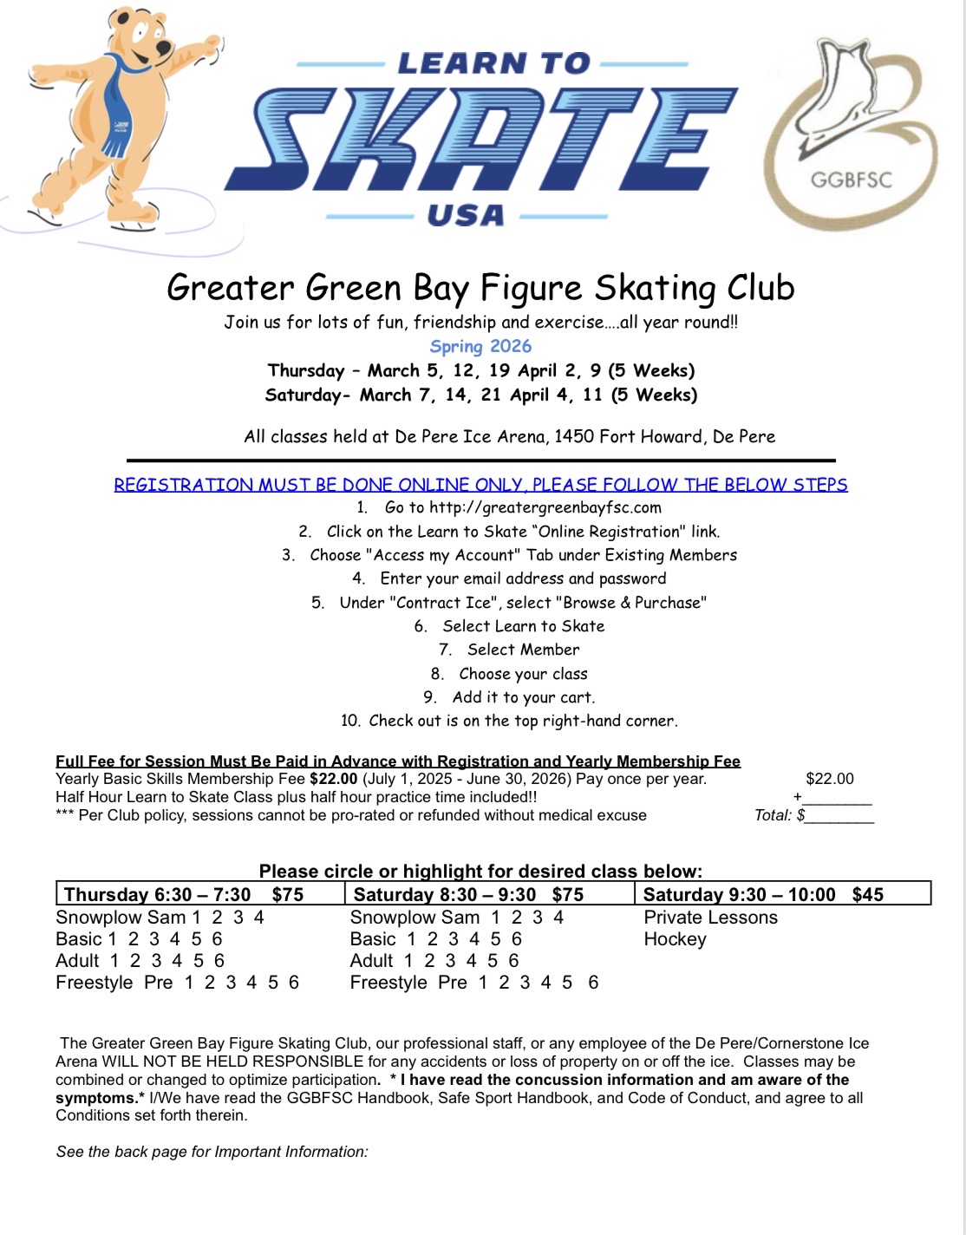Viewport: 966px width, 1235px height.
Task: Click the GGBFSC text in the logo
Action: (851, 180)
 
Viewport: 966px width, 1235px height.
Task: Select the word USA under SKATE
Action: (466, 215)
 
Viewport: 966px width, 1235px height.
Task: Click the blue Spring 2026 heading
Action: (480, 346)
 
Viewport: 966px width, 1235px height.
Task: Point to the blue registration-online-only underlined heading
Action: (480, 484)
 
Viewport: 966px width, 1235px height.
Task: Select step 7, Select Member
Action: (523, 650)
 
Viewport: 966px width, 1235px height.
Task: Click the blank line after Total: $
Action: (839, 815)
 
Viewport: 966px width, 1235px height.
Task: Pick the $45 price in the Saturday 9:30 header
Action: (867, 894)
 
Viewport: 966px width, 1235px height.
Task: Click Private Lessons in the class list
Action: (710, 918)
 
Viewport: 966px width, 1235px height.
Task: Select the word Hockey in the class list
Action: (675, 939)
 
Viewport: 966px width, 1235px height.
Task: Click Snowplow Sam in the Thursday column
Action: (121, 918)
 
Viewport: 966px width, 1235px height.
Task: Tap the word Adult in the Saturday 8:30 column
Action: (371, 961)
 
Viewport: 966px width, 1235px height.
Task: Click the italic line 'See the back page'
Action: (212, 1152)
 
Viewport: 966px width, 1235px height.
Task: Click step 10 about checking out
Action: (509, 721)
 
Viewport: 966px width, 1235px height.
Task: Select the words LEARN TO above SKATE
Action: (493, 63)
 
